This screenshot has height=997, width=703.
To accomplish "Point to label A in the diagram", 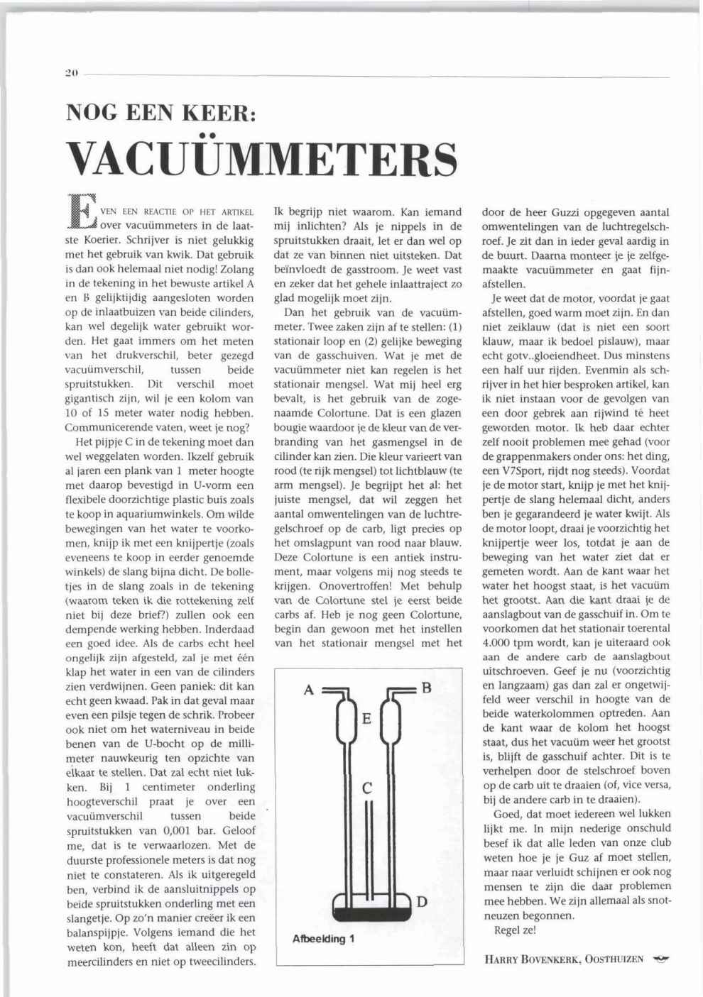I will (x=309, y=688).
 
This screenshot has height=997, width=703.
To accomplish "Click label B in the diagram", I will (x=426, y=687).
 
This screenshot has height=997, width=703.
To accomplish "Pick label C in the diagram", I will (x=367, y=788).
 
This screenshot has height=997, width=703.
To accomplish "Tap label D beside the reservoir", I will (x=422, y=902).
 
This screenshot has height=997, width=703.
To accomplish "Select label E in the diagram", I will (x=366, y=719).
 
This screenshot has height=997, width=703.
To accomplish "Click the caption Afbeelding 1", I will (x=323, y=939).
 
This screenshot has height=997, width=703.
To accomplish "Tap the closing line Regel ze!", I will (x=515, y=930).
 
